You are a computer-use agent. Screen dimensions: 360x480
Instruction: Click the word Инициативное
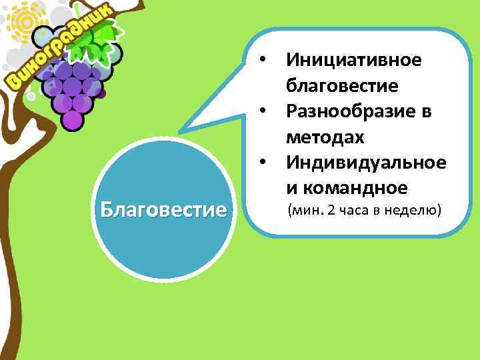click(353, 60)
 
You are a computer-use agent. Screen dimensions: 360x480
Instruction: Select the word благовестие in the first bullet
click(342, 85)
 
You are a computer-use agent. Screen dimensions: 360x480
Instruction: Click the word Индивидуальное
click(366, 162)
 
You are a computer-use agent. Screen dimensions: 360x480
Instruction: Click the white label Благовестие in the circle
click(164, 211)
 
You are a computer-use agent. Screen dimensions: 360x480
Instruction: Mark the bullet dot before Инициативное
click(265, 61)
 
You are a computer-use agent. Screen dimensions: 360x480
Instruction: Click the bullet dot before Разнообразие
click(265, 111)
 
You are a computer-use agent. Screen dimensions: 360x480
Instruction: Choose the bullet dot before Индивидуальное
click(265, 162)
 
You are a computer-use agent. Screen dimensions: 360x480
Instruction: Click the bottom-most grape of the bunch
click(72, 120)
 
